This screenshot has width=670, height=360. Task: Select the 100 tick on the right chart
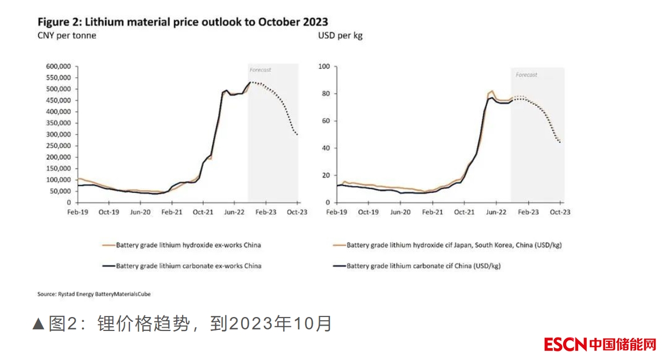click(324, 67)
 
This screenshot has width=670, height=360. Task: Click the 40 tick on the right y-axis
click(326, 148)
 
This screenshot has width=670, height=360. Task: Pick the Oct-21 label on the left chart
click(203, 212)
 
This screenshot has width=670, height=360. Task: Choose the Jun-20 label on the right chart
click(400, 212)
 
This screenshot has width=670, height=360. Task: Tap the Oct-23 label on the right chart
click(560, 212)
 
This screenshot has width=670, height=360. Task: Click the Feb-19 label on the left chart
click(78, 212)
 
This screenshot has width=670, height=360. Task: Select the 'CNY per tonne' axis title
click(67, 36)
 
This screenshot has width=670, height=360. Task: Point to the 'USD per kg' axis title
click(340, 36)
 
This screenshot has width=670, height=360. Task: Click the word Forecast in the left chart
click(260, 70)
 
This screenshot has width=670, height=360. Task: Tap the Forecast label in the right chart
click(526, 75)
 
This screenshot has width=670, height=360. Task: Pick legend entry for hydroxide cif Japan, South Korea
click(454, 245)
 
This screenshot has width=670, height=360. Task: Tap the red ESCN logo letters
click(565, 344)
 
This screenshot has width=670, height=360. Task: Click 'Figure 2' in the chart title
click(56, 22)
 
